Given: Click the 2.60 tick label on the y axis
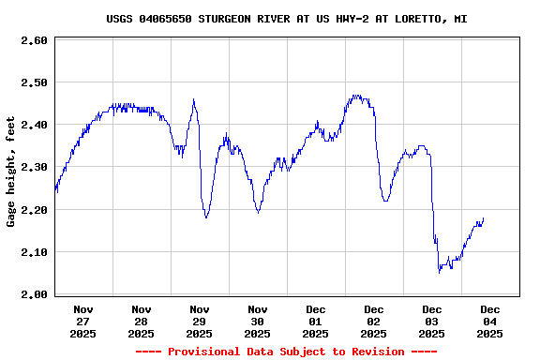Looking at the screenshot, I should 34,40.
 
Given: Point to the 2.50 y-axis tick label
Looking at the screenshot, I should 34,82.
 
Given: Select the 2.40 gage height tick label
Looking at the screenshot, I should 34,125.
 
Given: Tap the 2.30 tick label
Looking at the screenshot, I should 34,167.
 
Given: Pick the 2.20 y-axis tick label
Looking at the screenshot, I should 34,210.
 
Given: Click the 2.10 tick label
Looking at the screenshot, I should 34,252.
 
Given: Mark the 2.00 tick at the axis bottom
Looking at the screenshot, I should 34,294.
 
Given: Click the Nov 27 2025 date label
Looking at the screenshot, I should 83,321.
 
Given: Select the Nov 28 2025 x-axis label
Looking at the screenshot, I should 142,321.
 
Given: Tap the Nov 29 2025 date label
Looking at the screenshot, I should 200,321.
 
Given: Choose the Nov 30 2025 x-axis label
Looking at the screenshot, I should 258,321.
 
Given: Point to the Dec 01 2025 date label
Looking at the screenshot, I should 316,321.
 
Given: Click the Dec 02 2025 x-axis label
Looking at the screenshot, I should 374,321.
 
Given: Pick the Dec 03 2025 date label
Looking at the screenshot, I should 432,321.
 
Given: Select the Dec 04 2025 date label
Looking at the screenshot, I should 490,321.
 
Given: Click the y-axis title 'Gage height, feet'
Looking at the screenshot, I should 11,171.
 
